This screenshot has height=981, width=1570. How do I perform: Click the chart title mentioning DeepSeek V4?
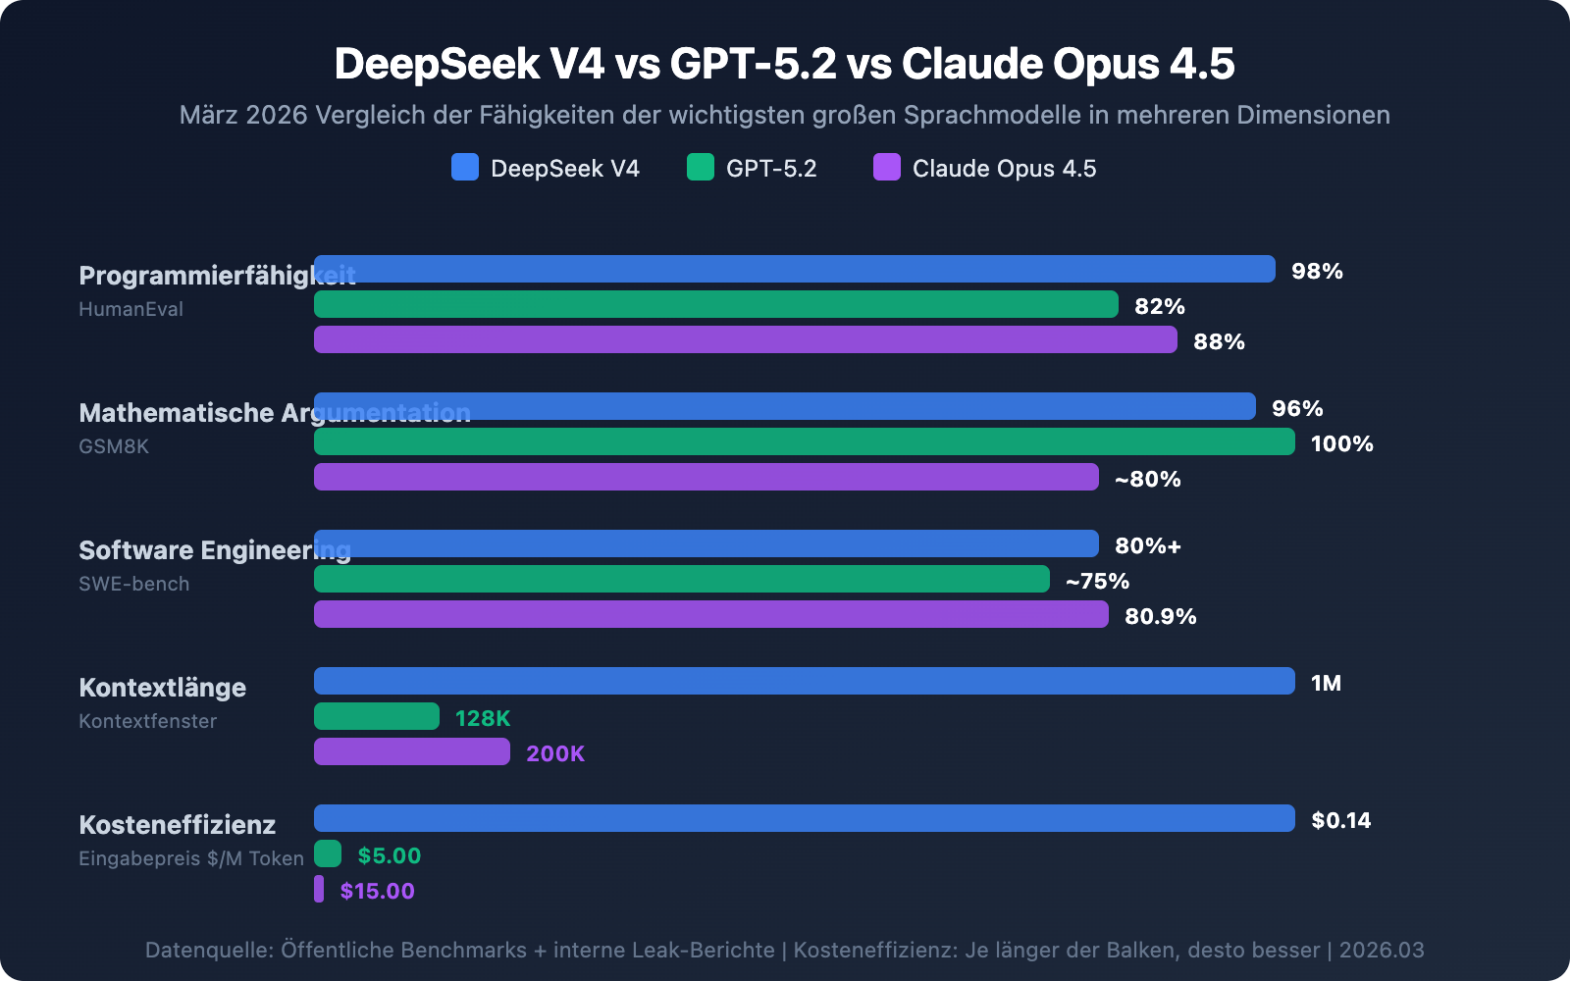[784, 64]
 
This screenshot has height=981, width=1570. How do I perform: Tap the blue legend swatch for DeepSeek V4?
[465, 167]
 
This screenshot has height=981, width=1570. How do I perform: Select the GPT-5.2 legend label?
[771, 169]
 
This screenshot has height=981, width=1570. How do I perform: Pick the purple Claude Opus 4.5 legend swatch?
[887, 167]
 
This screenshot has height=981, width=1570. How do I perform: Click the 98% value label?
[1317, 271]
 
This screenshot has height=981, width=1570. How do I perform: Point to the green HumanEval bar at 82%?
[716, 304]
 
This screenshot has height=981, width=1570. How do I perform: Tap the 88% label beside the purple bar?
[1219, 341]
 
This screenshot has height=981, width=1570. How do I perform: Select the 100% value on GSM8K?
[1341, 443]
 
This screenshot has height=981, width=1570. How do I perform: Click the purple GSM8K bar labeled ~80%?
[706, 477]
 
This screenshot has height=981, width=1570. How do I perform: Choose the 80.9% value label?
[1160, 616]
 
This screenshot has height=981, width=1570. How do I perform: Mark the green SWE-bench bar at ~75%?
[682, 579]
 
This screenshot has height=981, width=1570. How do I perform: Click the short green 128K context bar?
[377, 716]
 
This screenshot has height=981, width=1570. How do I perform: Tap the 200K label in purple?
[555, 753]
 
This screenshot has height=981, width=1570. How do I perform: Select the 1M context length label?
[1326, 683]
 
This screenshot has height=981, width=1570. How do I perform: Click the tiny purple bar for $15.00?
[319, 889]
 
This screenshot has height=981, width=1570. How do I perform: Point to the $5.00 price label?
[390, 855]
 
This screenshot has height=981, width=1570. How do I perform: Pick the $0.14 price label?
[1340, 820]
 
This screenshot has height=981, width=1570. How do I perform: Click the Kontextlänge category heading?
[163, 687]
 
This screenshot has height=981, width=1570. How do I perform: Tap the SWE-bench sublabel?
[134, 584]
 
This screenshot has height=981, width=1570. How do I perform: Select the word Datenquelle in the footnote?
[208, 950]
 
